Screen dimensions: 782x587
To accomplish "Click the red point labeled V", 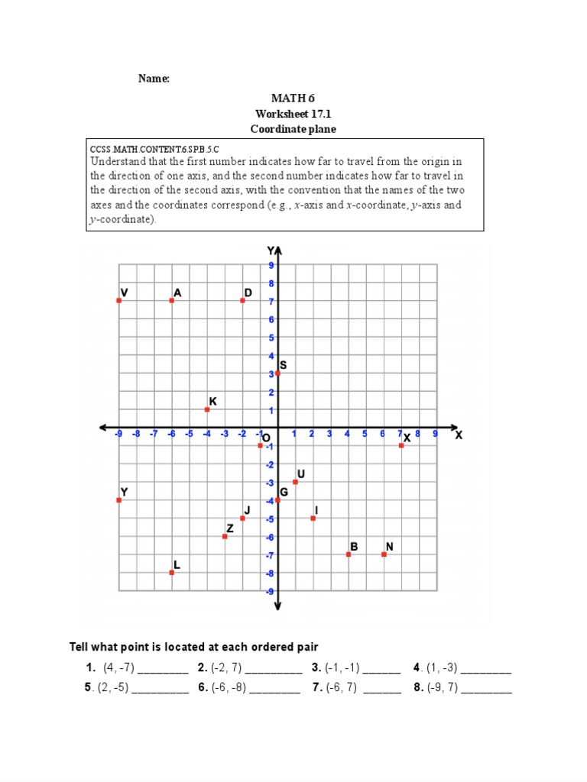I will [118, 300].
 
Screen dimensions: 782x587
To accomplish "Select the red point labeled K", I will [207, 409].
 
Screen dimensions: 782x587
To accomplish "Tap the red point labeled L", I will [171, 572].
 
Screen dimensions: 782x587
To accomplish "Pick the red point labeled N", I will [384, 554].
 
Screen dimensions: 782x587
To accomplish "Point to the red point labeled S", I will [277, 373].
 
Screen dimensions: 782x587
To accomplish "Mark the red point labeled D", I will [242, 300].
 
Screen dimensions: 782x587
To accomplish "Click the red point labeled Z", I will [225, 536].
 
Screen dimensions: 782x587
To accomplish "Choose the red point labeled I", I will [313, 518].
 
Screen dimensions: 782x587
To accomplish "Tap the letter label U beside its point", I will [301, 473].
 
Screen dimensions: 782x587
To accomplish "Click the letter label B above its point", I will [354, 546].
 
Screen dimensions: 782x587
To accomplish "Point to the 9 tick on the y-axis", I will [271, 265].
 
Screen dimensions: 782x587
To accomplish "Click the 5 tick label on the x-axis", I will [365, 434].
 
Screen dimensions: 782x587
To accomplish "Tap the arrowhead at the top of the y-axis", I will [278, 250].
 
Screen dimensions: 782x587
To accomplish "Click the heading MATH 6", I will [293, 98].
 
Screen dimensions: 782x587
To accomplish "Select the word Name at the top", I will [154, 79].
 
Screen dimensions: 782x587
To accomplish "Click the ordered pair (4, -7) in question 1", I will [118, 667].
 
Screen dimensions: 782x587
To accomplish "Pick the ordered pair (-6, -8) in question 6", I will [229, 687].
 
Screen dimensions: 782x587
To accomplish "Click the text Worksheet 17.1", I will [293, 114].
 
